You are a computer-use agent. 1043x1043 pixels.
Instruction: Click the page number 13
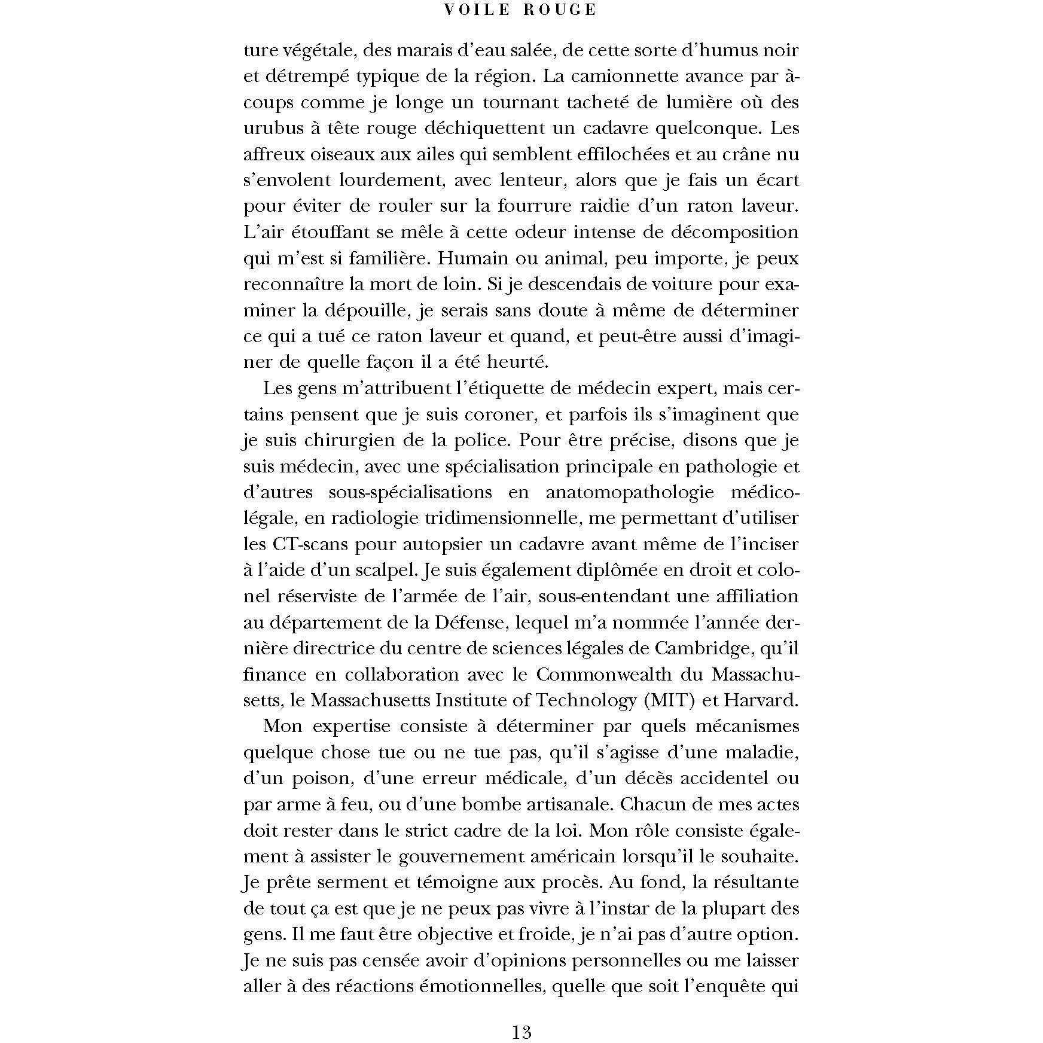521,1032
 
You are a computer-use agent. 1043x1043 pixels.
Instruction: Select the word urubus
273,129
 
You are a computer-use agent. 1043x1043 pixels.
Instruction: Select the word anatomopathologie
630,492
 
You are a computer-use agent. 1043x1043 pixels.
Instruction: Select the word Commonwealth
621,675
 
